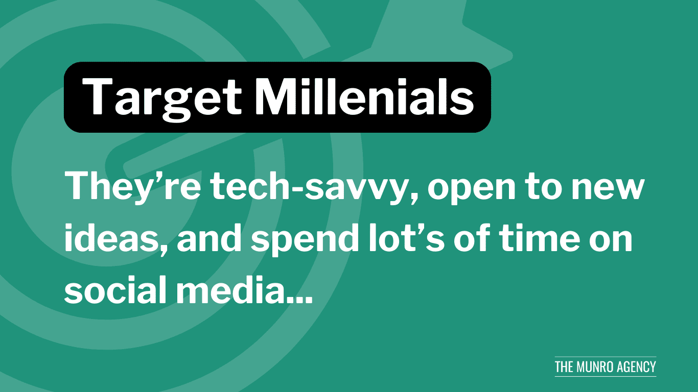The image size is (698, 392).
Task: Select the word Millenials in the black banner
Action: [364, 96]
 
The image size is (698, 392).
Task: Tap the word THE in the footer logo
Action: [564, 367]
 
